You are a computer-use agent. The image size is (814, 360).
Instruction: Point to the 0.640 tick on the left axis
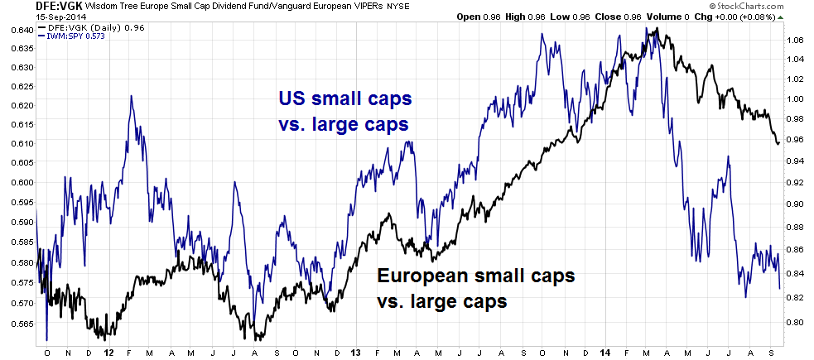18,30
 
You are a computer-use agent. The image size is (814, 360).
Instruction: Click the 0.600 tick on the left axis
18,182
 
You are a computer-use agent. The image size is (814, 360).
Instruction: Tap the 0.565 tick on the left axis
18,324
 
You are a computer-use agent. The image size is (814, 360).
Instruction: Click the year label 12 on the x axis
109,351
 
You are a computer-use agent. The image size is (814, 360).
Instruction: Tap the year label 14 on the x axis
605,351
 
